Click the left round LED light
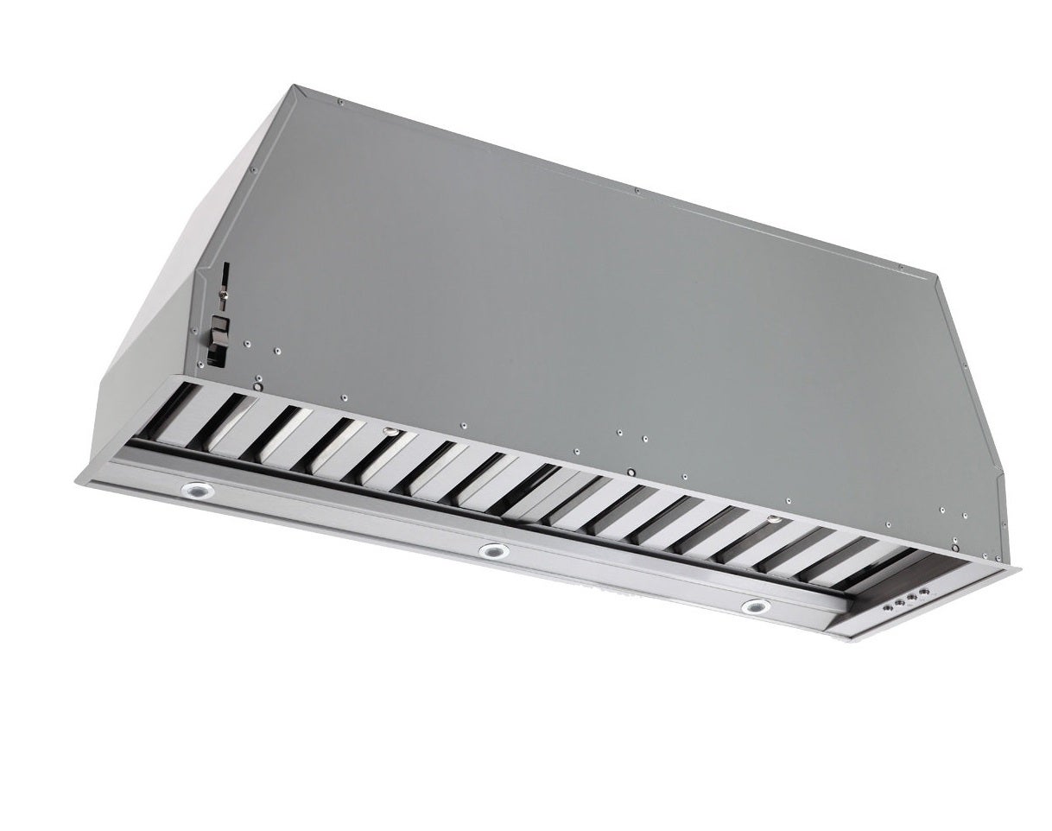click(x=197, y=491)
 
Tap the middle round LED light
click(x=493, y=550)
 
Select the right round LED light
click(x=756, y=606)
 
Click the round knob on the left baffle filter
click(x=390, y=431)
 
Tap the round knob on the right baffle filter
click(x=774, y=521)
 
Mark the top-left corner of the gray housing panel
click(x=295, y=85)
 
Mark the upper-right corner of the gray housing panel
click(x=936, y=276)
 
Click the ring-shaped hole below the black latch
click(x=258, y=378)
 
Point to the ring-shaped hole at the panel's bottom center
click(x=631, y=472)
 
